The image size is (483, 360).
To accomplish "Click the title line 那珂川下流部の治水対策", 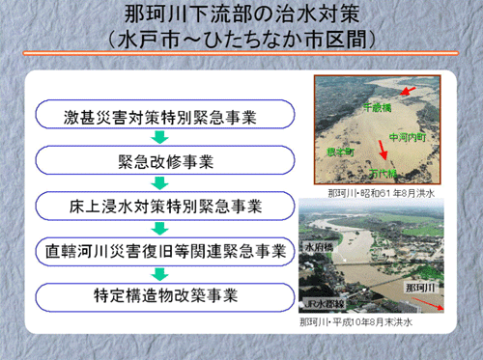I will point(241,17).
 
